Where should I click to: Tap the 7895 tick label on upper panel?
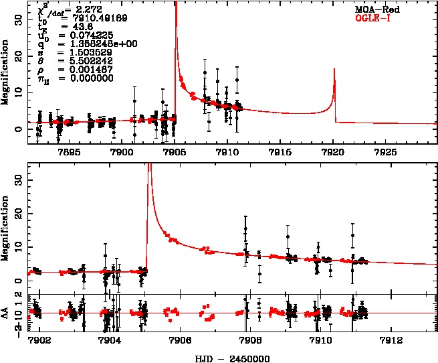click(x=70, y=152)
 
